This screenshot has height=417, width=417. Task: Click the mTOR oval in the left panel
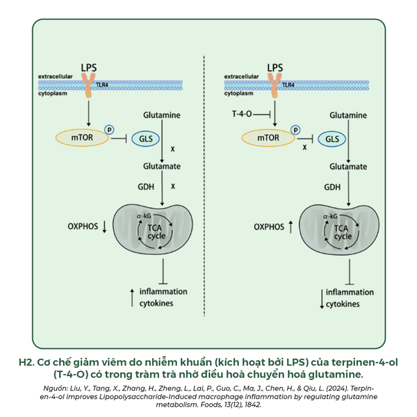(79, 138)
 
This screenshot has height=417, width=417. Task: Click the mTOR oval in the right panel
(268, 138)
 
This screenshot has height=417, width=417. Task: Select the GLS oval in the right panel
(332, 138)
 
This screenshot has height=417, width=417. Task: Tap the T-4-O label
(243, 113)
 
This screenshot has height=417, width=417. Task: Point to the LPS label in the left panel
(90, 67)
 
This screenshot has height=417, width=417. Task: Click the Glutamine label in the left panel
(162, 114)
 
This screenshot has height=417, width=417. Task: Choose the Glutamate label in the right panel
(348, 167)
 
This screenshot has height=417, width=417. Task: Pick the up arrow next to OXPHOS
(290, 227)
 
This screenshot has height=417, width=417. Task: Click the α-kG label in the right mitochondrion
(330, 217)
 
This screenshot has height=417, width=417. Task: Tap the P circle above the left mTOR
(108, 129)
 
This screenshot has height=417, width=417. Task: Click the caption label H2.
(26, 363)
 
